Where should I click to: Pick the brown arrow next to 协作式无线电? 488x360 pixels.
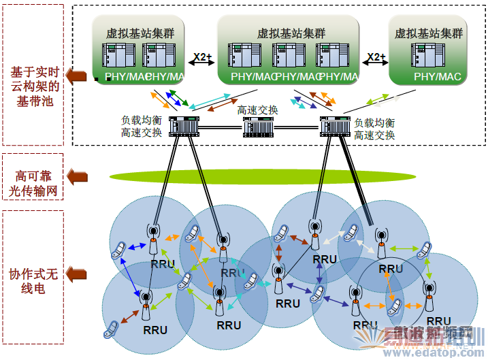(79, 274)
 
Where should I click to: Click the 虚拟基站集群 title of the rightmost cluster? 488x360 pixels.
(429, 33)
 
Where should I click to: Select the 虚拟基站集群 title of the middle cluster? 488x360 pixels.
(291, 33)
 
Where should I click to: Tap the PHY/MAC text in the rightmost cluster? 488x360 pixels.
(437, 77)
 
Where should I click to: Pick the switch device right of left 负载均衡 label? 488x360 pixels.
(182, 126)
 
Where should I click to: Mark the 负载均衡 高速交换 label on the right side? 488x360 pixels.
(374, 129)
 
